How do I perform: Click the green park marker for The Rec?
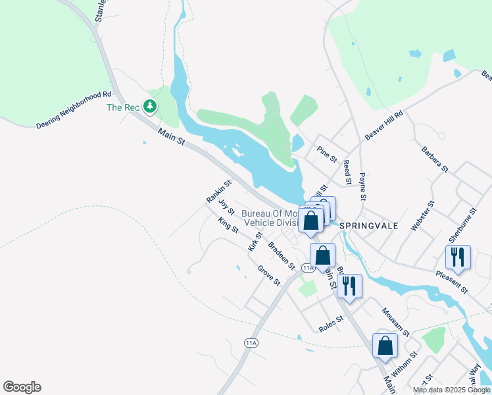pyautogui.click(x=151, y=106)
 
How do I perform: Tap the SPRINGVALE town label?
pyautogui.click(x=370, y=224)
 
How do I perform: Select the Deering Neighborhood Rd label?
pyautogui.click(x=74, y=109)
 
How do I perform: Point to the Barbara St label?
pyautogui.click(x=435, y=159)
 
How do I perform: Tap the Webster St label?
pyautogui.click(x=422, y=216)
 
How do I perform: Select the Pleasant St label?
pyautogui.click(x=451, y=281)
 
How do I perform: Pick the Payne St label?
pyautogui.click(x=362, y=187)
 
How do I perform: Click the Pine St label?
pyautogui.click(x=326, y=155)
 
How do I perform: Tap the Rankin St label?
pyautogui.click(x=219, y=192)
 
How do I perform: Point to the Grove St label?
pyautogui.click(x=269, y=275)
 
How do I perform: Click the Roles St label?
pyautogui.click(x=331, y=323)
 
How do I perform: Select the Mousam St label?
pyautogui.click(x=396, y=323)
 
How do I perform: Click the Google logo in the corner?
pyautogui.click(x=22, y=387)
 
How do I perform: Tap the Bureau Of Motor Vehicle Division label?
pyautogui.click(x=270, y=218)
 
